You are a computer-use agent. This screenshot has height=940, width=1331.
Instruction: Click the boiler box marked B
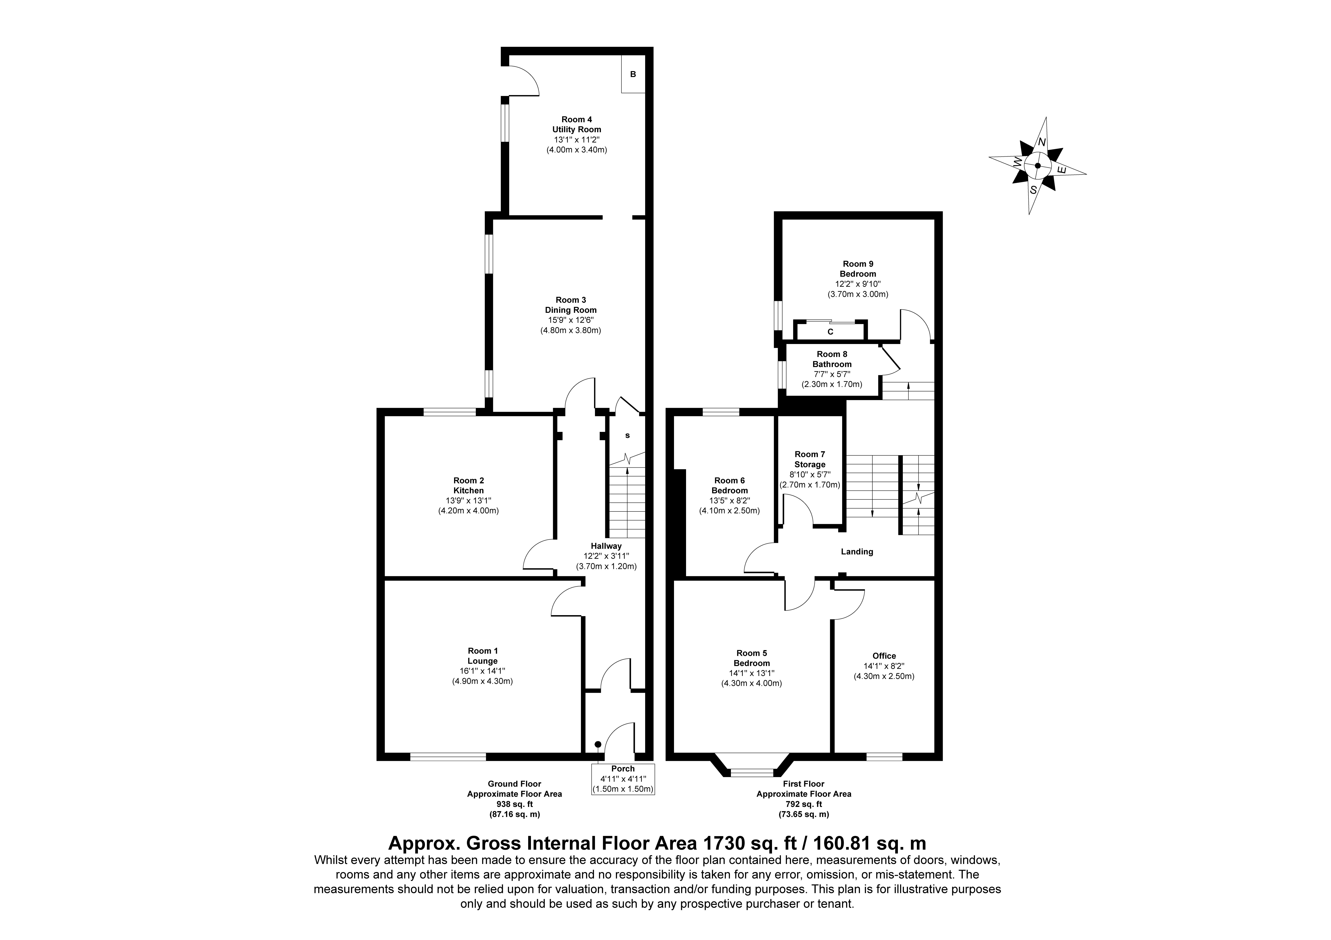[633, 74]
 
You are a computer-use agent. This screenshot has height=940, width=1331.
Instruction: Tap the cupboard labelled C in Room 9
[830, 332]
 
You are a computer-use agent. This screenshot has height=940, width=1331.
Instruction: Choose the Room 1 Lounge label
[482, 656]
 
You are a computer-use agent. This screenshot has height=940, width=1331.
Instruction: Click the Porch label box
[623, 779]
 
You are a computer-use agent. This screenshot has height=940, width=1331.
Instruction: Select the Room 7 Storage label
[810, 460]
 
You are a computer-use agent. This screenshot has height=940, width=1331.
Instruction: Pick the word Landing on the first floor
[857, 552]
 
